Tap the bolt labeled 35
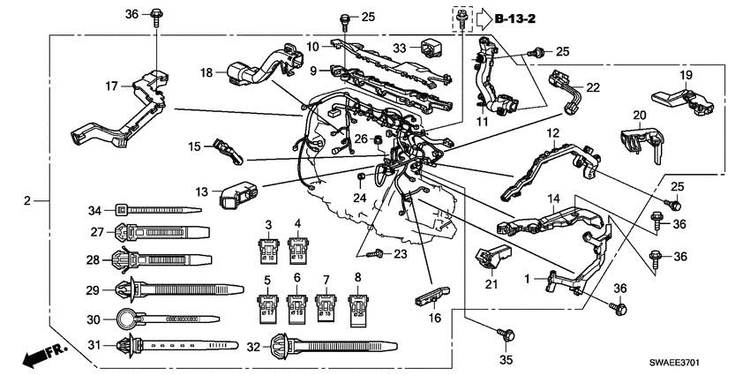click(508, 335)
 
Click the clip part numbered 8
click(359, 306)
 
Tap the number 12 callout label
click(552, 132)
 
